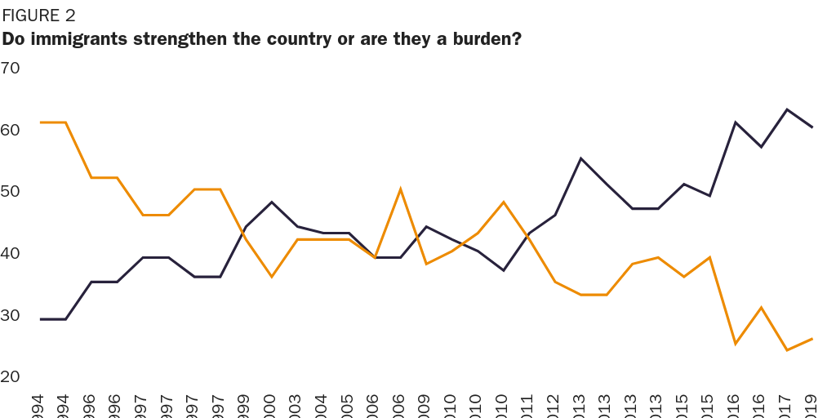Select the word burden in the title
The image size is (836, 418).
coord(482,38)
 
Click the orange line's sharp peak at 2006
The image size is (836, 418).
coord(400,189)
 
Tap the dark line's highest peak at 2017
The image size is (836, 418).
coord(787,109)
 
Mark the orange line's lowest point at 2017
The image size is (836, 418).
coord(787,350)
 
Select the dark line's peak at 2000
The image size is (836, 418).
coord(271,202)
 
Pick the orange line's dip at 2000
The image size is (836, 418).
coord(271,277)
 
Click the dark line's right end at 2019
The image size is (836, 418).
coord(812,127)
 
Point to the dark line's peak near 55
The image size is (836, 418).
coord(580,158)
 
